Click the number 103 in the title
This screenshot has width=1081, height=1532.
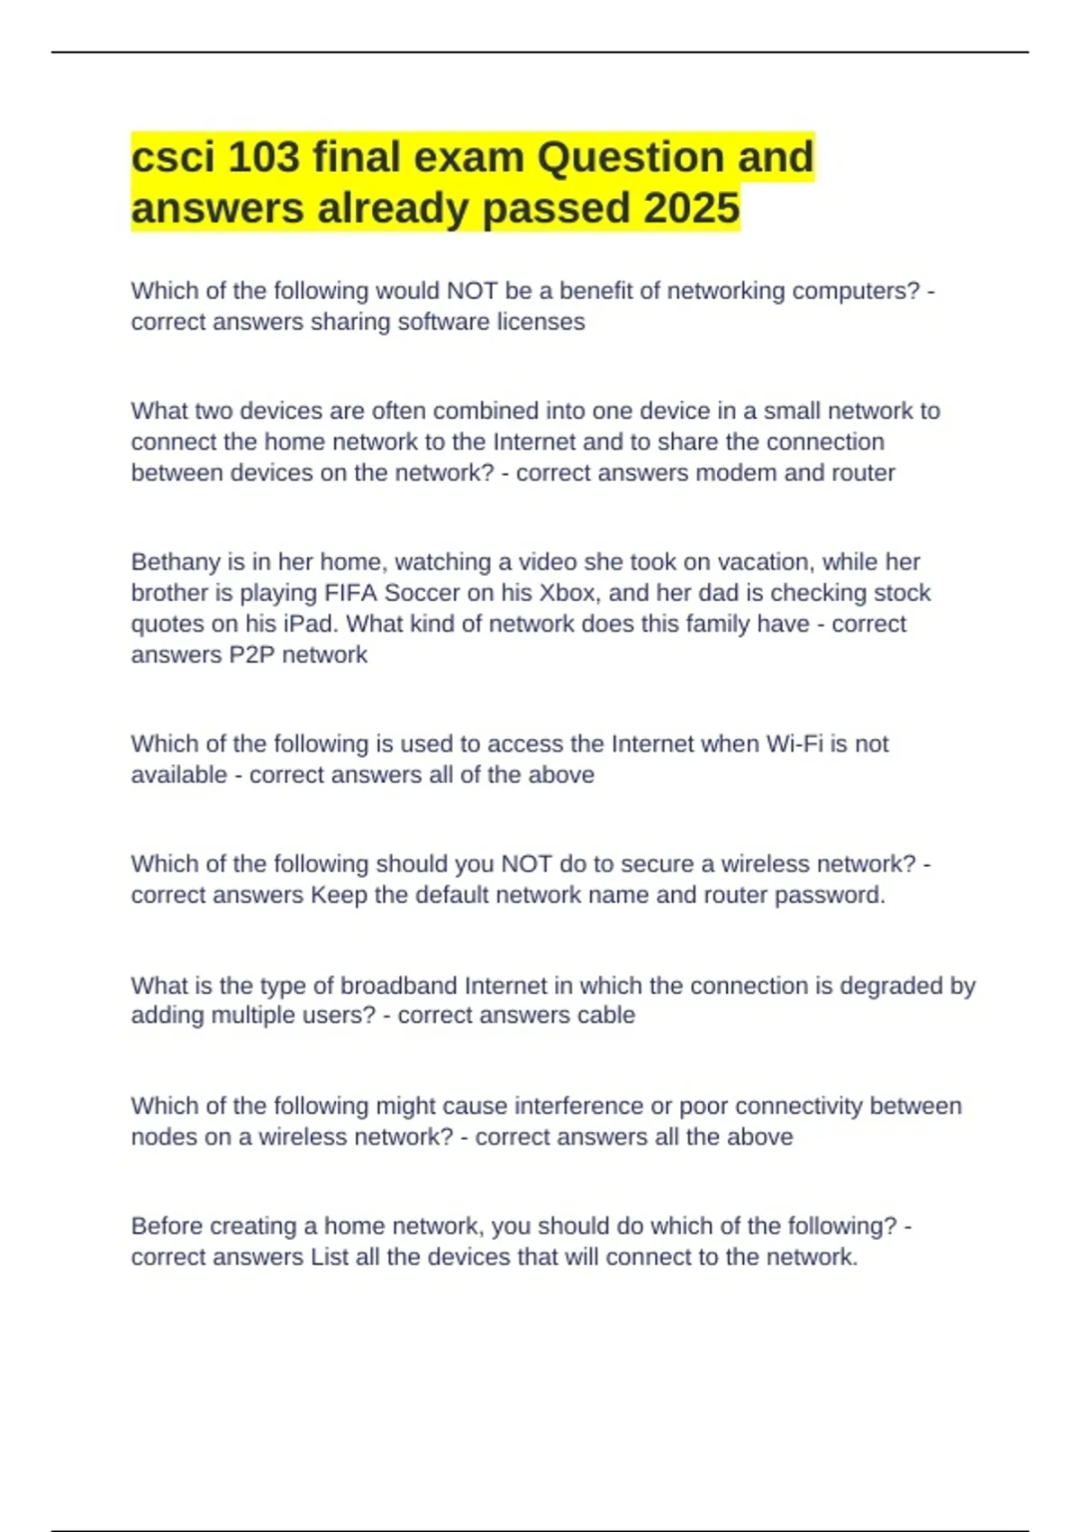pyautogui.click(x=263, y=158)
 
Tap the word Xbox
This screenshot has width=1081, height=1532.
pyautogui.click(x=567, y=593)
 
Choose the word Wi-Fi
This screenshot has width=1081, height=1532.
pyautogui.click(x=795, y=744)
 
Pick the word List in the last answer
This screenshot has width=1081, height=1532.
pyautogui.click(x=330, y=1257)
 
